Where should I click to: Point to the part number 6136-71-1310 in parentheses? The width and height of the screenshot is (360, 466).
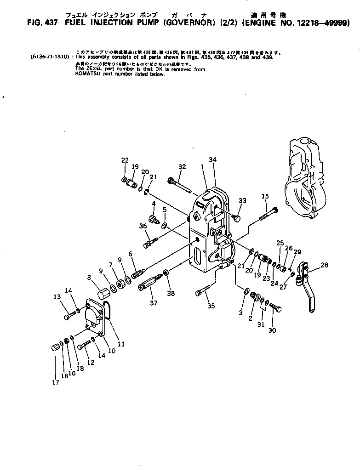pos(50,57)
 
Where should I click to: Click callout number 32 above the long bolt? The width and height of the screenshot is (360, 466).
pos(182,166)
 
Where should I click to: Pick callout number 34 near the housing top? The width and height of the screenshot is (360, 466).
pos(212,159)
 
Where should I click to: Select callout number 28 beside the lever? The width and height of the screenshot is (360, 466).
pos(325,265)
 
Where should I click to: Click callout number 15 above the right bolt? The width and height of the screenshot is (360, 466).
pos(265,196)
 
